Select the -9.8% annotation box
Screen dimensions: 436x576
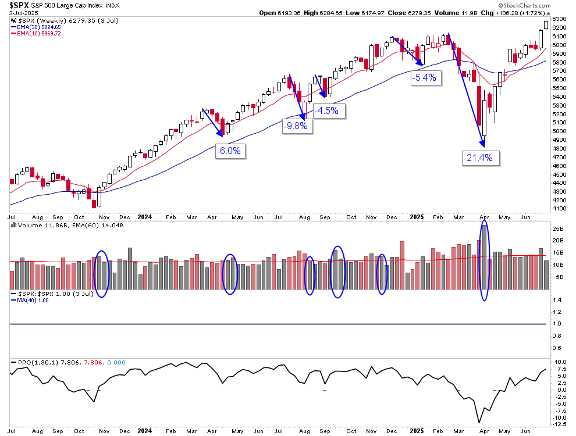[x=296, y=126]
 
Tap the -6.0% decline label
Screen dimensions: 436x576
[x=230, y=151]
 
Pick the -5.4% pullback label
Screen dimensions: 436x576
[x=424, y=77]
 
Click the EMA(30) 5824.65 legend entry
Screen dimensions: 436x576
[x=40, y=27]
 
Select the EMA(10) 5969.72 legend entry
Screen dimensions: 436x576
[x=40, y=34]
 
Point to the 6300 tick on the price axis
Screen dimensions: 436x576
[x=559, y=19]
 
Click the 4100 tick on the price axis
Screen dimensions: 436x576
[x=559, y=209]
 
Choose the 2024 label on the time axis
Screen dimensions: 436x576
[x=145, y=217]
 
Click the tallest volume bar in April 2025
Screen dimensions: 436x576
[x=484, y=256]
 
